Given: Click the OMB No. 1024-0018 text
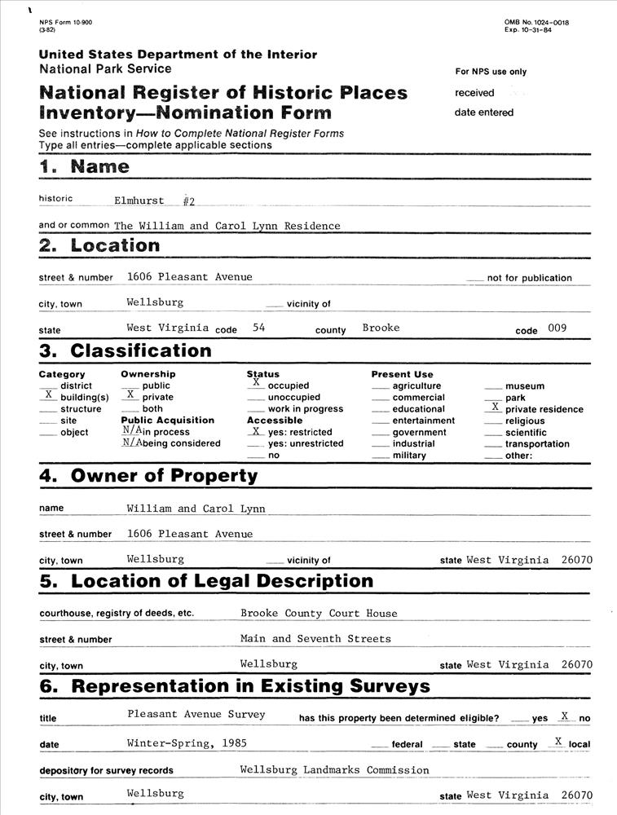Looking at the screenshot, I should coord(536,22).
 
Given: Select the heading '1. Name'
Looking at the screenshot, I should coord(84,167).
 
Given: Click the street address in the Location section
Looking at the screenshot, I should coord(189,277).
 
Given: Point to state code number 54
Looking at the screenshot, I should coord(260,328).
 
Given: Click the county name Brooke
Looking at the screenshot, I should coord(381,328).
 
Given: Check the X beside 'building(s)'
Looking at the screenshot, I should coord(48,394).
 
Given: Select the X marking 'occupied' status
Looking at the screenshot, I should coord(256,382).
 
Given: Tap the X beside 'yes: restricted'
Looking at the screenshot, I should coord(256,430).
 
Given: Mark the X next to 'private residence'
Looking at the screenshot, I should coord(495,406).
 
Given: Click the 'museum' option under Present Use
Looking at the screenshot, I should coord(525,386).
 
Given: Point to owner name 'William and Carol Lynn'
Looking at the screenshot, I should coord(196,509).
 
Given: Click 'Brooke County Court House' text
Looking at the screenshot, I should coord(319,614).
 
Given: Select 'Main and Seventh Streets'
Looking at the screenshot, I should coord(315,639).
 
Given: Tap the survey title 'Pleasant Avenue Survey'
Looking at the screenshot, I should coord(196,715).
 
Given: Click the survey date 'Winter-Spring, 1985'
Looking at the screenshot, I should coord(187,743).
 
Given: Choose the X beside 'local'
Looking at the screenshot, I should coord(558,741).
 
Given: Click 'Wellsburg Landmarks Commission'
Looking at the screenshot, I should coord(334,770).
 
